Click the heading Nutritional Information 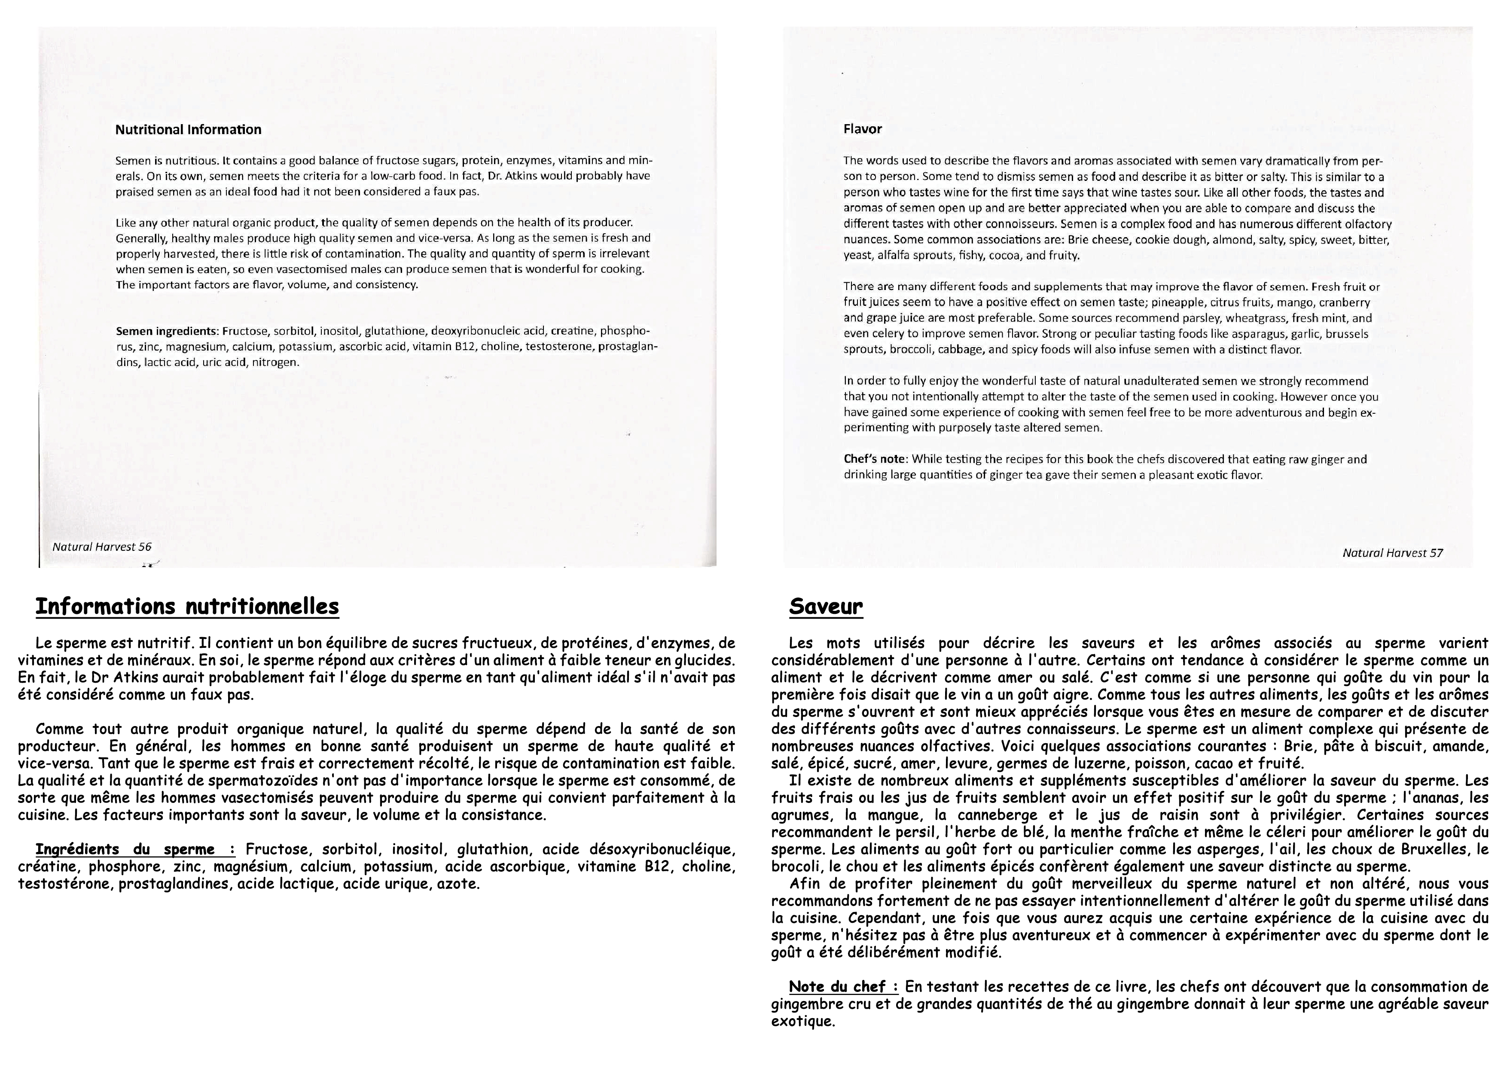coord(188,130)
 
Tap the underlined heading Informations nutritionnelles coord(187,606)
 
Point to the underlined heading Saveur coord(826,606)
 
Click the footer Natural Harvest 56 coord(102,546)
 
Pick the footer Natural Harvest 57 coord(1393,552)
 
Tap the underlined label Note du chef coord(843,987)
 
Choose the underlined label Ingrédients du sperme coord(134,850)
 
